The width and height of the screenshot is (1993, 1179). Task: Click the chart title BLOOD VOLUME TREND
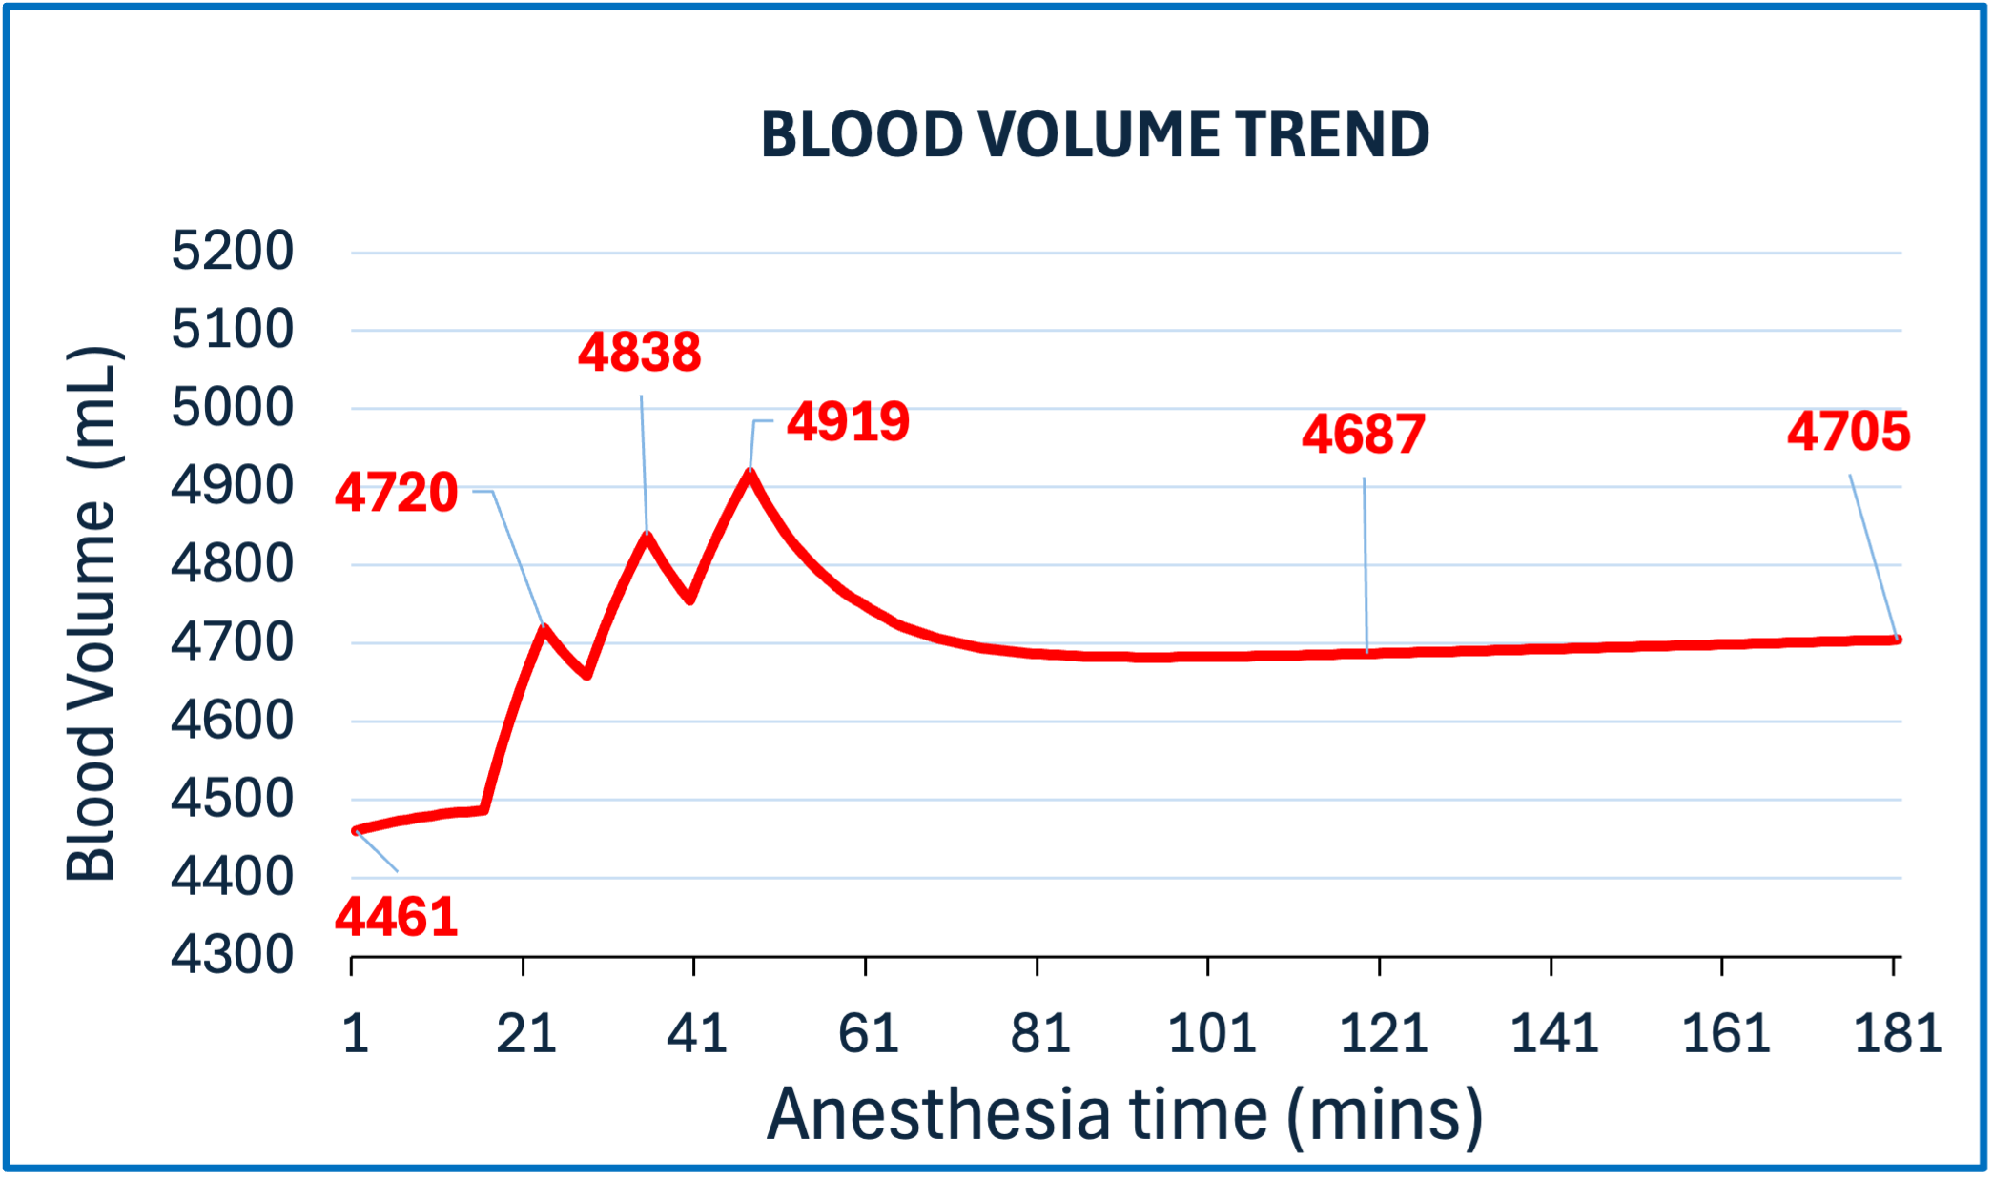(1095, 134)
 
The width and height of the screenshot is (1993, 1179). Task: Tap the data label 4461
(397, 917)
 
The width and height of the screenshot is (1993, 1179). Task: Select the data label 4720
(397, 493)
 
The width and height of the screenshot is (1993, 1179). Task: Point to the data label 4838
(640, 352)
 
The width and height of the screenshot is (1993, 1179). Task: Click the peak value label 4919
(848, 421)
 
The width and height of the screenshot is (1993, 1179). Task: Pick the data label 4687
(1364, 435)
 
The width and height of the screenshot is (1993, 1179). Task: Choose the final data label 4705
(1848, 432)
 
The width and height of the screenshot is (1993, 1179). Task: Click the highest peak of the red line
(750, 471)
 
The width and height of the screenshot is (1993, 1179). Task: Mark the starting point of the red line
(355, 831)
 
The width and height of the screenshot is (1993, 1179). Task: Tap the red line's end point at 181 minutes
(1896, 640)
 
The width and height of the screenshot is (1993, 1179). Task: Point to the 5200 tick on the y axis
(232, 252)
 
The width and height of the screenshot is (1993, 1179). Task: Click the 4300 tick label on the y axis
(232, 955)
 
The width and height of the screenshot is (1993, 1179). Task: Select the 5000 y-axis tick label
(232, 408)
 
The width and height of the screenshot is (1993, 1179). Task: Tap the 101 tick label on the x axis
(1212, 1034)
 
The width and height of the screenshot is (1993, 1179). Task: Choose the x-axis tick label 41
(697, 1034)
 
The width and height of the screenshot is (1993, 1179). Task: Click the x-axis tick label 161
(1726, 1034)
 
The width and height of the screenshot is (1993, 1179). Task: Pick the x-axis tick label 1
(356, 1034)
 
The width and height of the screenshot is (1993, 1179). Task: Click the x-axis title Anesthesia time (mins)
(1125, 1115)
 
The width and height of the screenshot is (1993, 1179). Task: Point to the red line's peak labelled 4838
(647, 535)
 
